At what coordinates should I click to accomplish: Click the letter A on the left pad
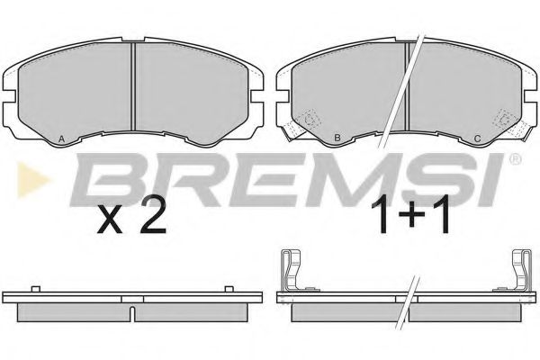pyautogui.click(x=61, y=139)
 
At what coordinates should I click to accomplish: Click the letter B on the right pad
pyautogui.click(x=337, y=139)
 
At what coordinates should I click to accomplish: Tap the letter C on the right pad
pyautogui.click(x=477, y=139)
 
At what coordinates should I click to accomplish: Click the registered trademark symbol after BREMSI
pyautogui.click(x=515, y=159)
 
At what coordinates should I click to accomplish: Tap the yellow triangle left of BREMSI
pyautogui.click(x=32, y=180)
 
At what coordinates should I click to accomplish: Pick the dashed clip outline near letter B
pyautogui.click(x=311, y=120)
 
